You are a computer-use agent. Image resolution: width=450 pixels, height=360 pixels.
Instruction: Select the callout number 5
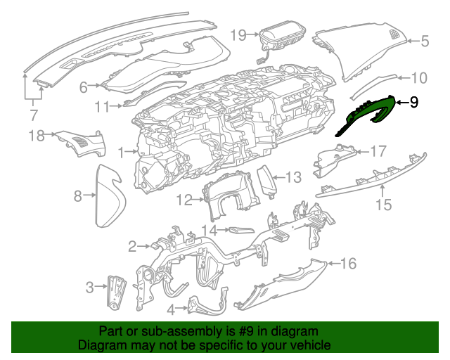click(x=425, y=41)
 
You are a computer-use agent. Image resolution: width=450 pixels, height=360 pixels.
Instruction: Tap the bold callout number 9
click(x=413, y=103)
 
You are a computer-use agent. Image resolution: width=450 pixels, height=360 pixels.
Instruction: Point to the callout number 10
click(x=418, y=78)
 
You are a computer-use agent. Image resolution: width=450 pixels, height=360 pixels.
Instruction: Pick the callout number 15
click(x=383, y=205)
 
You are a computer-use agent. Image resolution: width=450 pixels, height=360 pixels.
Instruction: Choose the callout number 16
click(x=349, y=264)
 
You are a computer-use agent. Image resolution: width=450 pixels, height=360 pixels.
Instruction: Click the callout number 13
click(x=292, y=177)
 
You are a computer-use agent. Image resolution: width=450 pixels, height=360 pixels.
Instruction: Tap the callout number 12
click(x=184, y=200)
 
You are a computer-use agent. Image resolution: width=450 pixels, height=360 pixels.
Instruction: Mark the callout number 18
click(x=37, y=135)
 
